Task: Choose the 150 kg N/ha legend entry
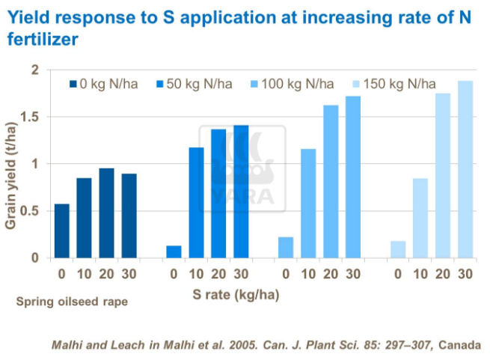tap(392, 84)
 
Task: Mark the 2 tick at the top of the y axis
tap(34, 70)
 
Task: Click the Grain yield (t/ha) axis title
tap(12, 165)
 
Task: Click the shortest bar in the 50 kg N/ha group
tap(174, 251)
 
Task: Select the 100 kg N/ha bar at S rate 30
tap(353, 177)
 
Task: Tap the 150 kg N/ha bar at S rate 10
tap(420, 218)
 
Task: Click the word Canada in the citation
tap(461, 345)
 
